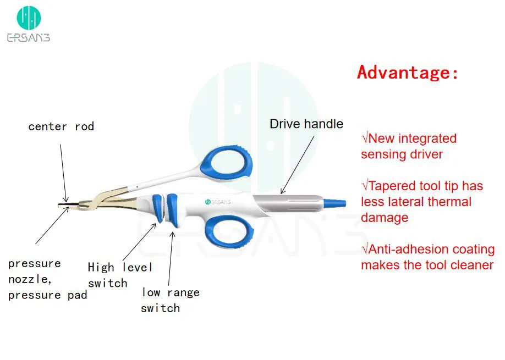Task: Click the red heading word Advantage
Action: [x=408, y=72]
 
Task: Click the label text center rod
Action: [x=61, y=126]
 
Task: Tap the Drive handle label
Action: [x=306, y=124]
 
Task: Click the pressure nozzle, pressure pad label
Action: [x=47, y=279]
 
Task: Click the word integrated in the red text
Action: [x=428, y=139]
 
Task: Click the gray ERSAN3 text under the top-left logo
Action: [x=28, y=37]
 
